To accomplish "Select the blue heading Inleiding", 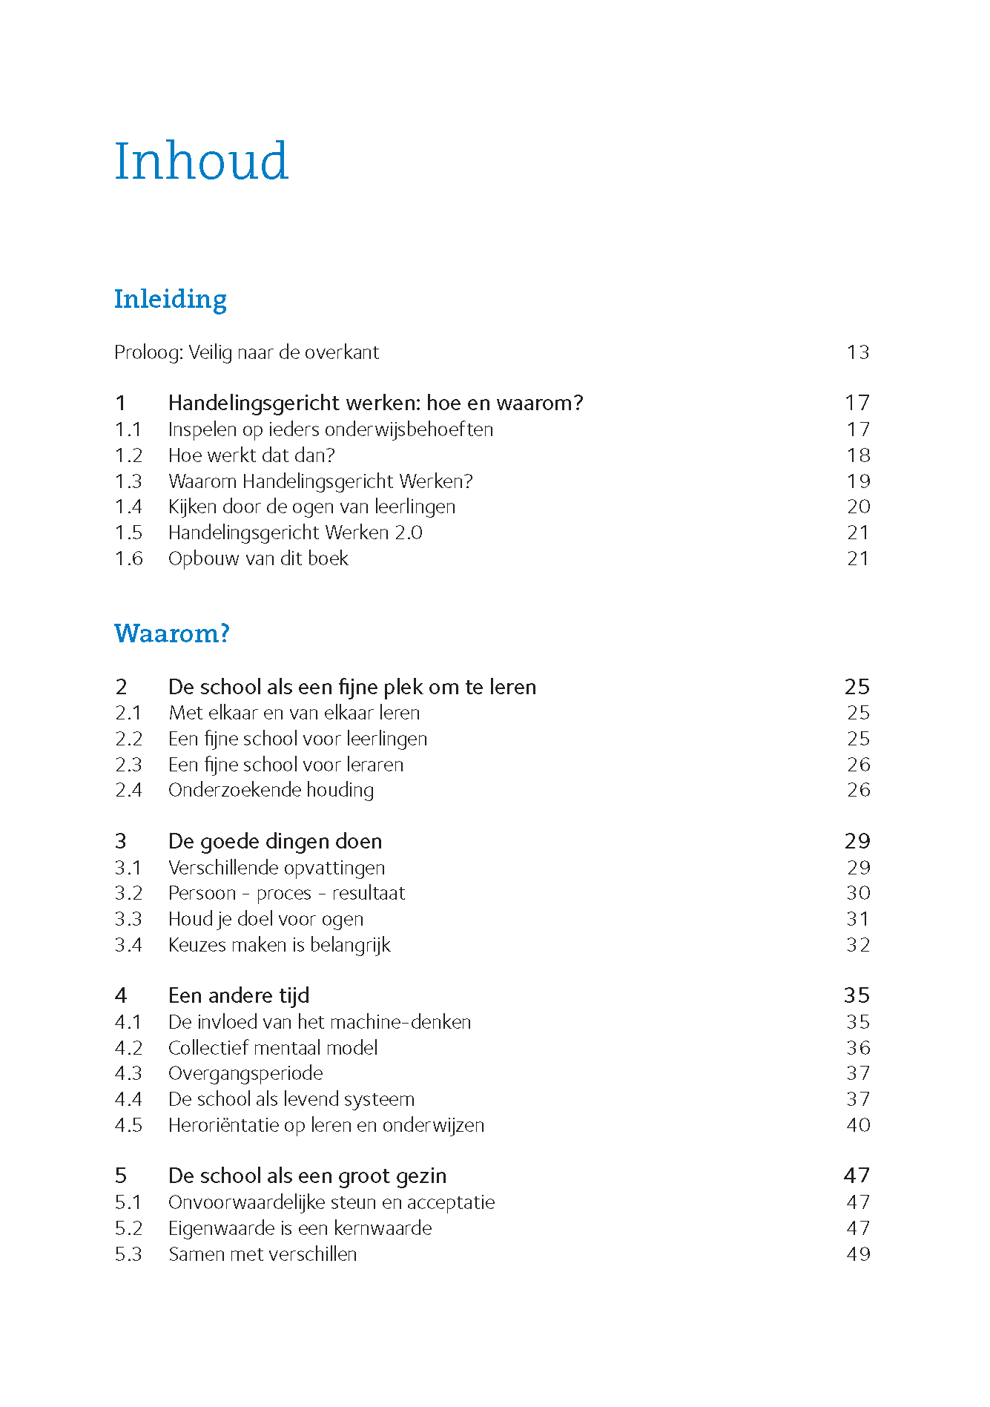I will point(171,299).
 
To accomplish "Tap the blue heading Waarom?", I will point(172,633).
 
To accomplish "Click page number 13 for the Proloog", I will point(858,352).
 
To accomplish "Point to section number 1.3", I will point(128,481).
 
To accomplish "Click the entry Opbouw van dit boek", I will point(258,558).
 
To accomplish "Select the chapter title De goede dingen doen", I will point(275,841).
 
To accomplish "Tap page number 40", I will point(858,1125).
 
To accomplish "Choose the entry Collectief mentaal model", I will point(273,1048).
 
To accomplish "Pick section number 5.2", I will point(128,1228).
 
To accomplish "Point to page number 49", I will point(858,1254).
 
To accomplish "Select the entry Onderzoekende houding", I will point(271,790).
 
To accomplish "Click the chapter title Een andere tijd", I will point(239,995).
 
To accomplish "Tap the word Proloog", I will point(148,353).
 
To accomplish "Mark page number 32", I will point(858,945).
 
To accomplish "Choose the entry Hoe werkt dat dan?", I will point(251,455).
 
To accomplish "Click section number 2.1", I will point(128,713).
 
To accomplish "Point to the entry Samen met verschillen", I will point(263,1254).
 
